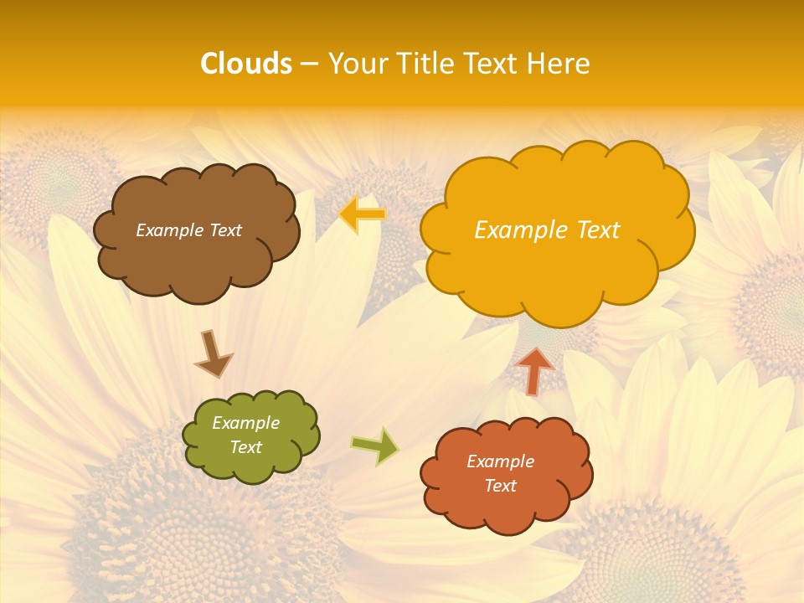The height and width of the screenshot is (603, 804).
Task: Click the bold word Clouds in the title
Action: coord(246,64)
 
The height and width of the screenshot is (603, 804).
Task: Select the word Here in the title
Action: coord(559,64)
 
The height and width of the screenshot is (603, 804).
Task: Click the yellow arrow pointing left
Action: coord(363,214)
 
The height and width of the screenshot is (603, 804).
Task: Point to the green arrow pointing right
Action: coord(375,446)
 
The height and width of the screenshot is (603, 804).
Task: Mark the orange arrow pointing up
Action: coord(535,370)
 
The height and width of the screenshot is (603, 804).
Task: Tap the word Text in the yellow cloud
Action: coord(592,230)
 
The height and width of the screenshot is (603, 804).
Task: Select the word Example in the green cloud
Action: coord(246,423)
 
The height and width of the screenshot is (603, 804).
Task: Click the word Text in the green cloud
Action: coord(246,447)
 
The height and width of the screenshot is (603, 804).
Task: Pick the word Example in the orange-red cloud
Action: coord(500,461)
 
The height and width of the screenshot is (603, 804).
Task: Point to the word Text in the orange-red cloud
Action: coord(500,486)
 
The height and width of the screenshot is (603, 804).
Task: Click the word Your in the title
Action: coord(353,64)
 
